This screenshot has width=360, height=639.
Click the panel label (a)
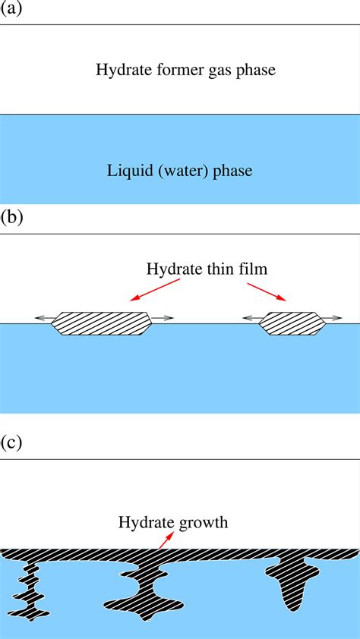[x=11, y=11]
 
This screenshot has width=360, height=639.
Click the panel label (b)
[x=12, y=219]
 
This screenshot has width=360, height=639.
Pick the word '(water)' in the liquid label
[x=179, y=171]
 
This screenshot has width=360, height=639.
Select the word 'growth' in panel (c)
[x=201, y=522]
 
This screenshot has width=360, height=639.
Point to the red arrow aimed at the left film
[x=155, y=290]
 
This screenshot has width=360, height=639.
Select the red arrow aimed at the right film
[x=266, y=291]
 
